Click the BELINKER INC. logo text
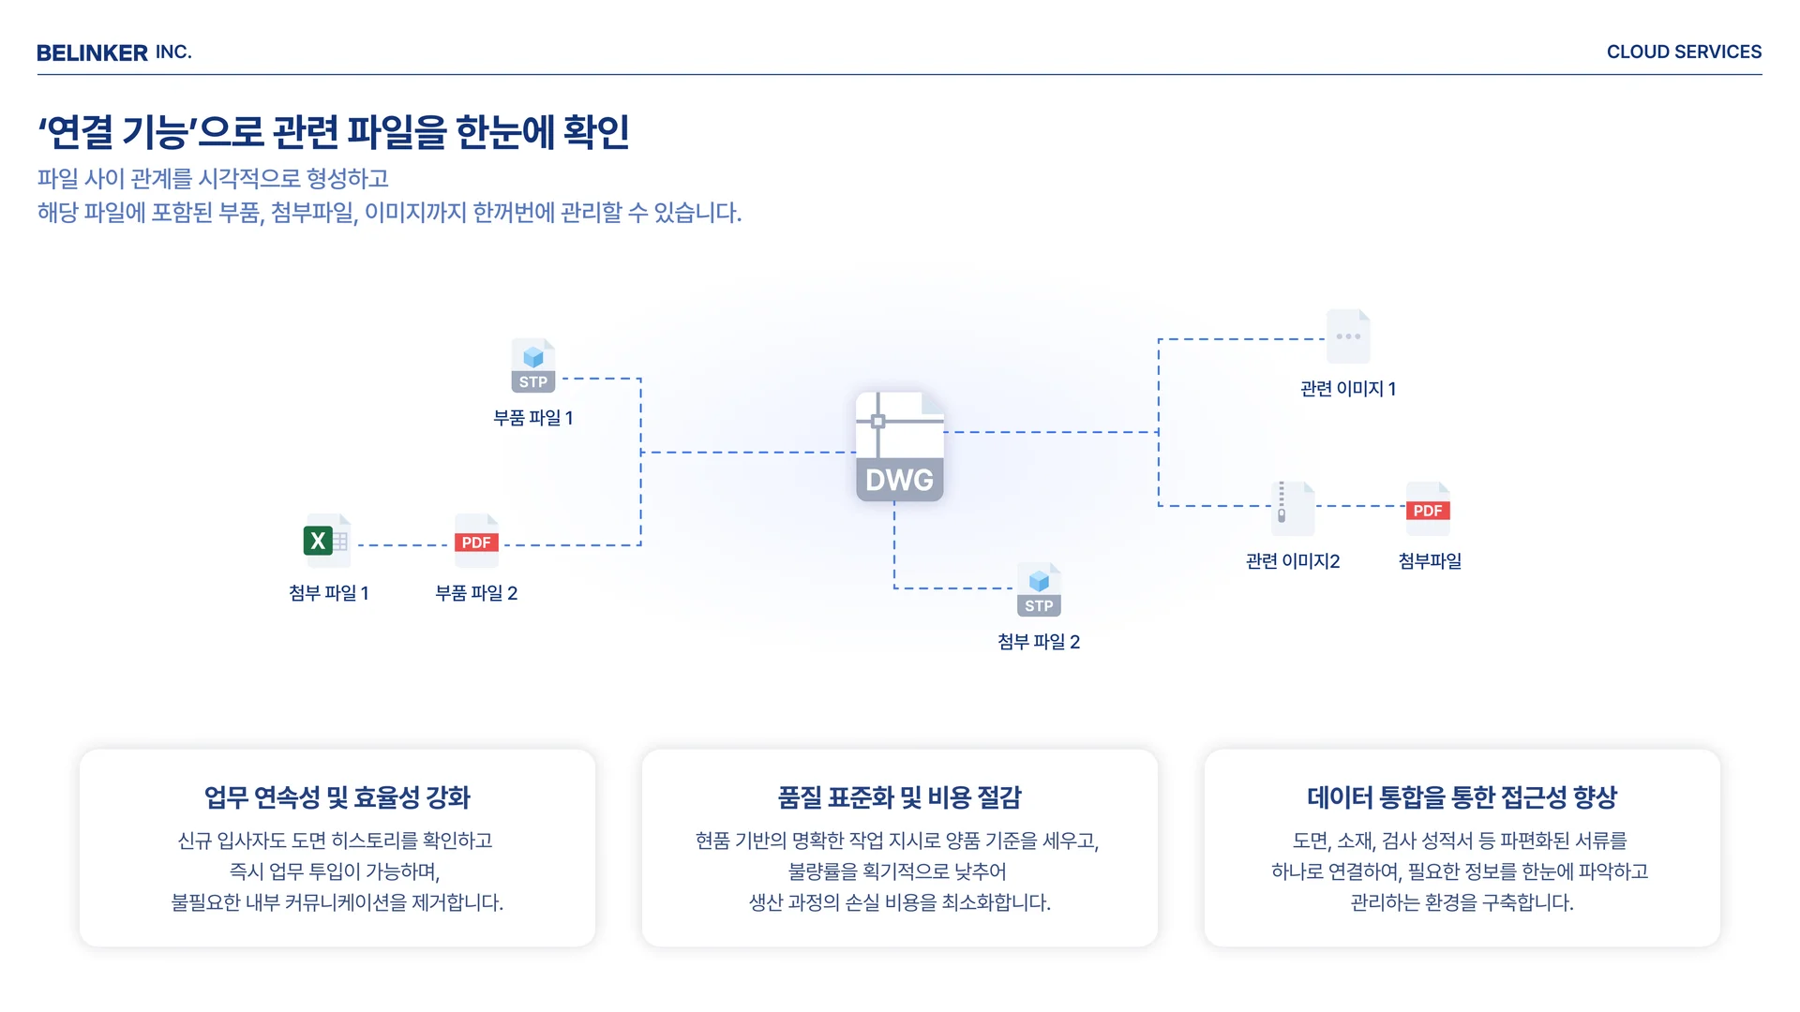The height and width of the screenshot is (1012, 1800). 113,52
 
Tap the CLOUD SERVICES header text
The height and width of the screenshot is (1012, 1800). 1684,52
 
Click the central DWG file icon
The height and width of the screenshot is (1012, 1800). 899,447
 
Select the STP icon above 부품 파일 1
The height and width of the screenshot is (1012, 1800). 532,365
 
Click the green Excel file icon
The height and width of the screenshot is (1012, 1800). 326,541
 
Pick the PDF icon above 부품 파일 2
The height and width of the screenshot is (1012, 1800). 476,541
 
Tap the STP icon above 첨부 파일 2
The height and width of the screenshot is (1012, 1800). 1039,589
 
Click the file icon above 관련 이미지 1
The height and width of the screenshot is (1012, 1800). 1348,336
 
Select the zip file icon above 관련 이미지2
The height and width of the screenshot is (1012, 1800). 1292,508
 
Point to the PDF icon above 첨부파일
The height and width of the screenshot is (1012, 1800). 1428,509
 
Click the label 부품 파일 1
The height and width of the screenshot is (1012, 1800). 532,418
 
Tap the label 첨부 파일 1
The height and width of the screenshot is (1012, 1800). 328,593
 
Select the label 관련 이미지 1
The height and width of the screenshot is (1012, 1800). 1347,389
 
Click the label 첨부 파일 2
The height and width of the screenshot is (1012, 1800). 1039,642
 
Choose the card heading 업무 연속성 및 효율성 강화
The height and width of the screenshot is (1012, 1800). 337,797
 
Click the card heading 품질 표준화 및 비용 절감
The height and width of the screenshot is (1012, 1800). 899,797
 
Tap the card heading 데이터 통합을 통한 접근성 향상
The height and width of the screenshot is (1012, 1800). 1462,797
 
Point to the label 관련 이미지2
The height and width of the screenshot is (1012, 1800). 1292,561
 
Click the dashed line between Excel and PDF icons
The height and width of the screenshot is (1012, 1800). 403,544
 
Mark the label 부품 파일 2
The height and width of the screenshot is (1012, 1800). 476,593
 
